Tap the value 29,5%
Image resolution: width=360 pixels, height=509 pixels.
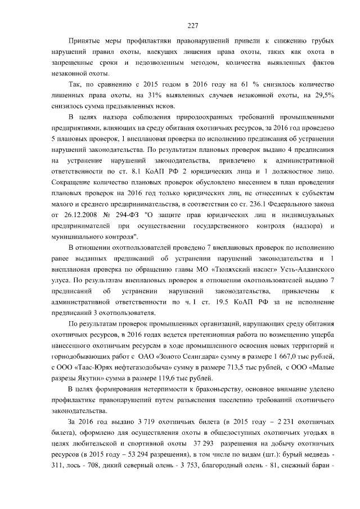(x=324, y=96)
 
